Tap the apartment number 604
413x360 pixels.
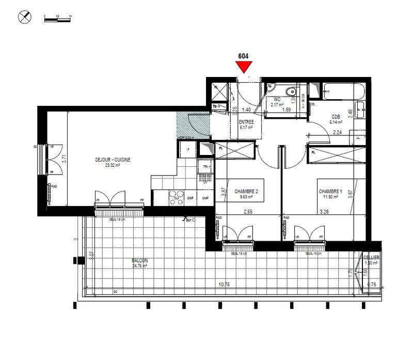243,56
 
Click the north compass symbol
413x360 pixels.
24,17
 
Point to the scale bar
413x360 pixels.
57,18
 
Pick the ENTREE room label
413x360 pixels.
246,122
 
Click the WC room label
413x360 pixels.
277,100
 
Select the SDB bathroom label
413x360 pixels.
337,117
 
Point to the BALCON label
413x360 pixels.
139,260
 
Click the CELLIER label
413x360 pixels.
371,257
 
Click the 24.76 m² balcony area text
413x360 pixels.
139,267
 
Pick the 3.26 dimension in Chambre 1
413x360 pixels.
325,211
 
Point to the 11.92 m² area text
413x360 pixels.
330,196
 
